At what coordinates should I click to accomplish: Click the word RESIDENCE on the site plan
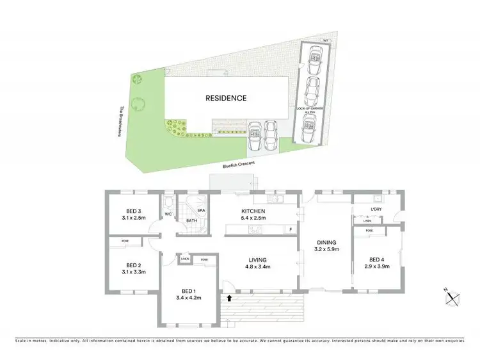[x=225, y=98]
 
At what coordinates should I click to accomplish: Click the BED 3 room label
[x=134, y=212]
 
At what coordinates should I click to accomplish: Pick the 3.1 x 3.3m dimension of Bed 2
[x=134, y=272]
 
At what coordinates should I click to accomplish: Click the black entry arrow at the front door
[x=229, y=297]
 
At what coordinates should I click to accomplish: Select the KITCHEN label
[x=253, y=212]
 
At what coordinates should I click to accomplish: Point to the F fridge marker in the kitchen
[x=291, y=229]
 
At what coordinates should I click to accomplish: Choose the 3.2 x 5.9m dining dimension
[x=326, y=250]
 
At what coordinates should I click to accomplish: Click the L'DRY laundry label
[x=377, y=209]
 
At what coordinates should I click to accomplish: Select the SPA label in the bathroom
[x=200, y=210]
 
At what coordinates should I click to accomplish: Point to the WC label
[x=168, y=214]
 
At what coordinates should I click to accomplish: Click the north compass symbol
[x=453, y=297]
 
